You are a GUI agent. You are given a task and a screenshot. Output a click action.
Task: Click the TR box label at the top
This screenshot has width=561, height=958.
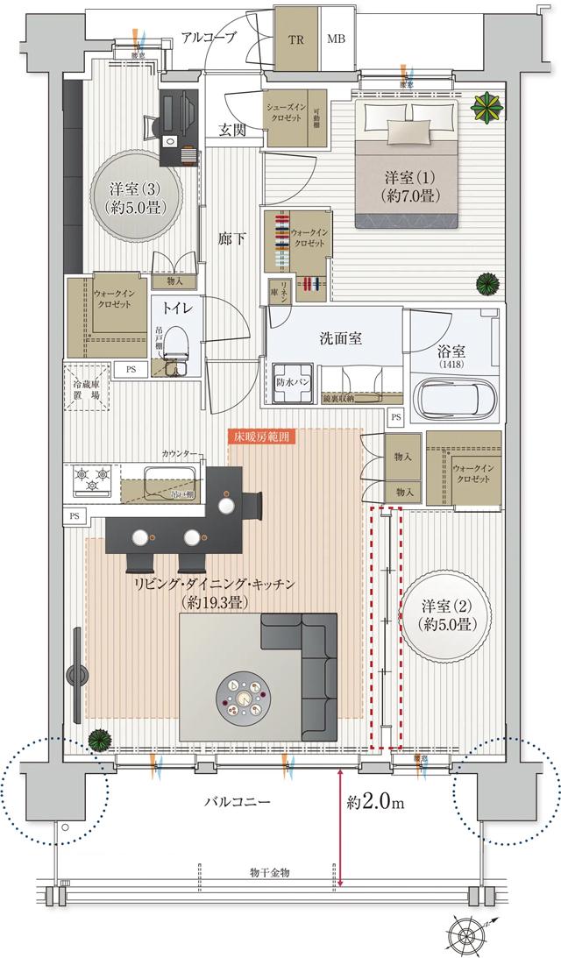296,39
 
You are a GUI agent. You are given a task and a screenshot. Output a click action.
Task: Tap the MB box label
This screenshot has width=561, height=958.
337,39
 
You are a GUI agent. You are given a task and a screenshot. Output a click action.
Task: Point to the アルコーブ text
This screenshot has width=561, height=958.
209,38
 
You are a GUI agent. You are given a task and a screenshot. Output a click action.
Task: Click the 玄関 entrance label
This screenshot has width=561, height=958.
233,131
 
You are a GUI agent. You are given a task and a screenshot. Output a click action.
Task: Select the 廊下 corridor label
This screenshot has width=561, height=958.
232,236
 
